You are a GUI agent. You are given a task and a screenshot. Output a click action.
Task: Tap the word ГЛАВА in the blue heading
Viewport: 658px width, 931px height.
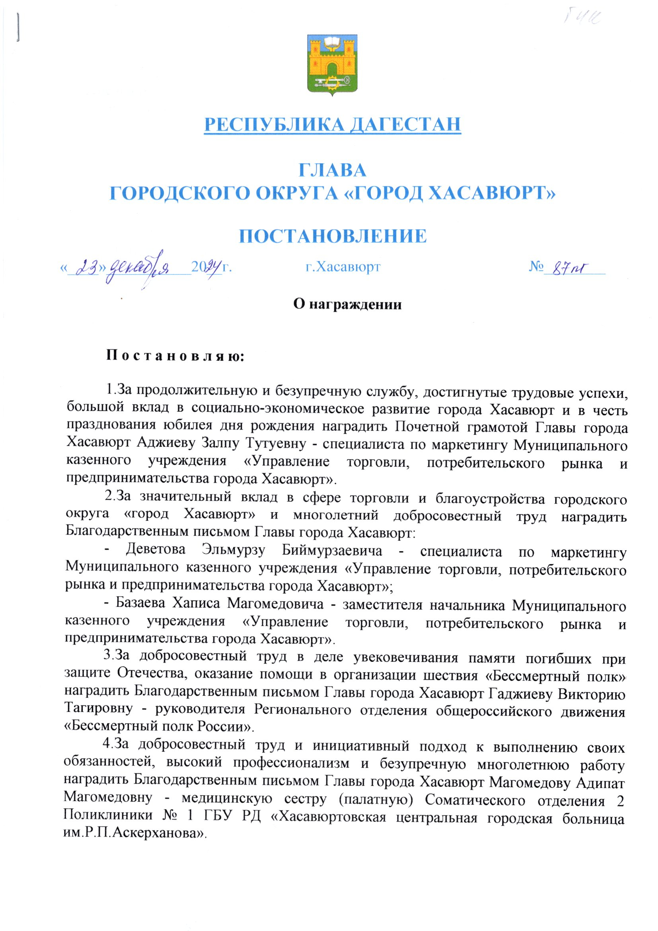[x=332, y=170]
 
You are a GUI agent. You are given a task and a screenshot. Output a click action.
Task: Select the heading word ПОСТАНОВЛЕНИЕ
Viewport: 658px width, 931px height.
[x=332, y=236]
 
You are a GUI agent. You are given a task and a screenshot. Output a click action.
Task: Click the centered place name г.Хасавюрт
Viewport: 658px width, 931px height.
[x=343, y=267]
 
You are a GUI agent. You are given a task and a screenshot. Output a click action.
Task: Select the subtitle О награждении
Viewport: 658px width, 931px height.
[x=347, y=304]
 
